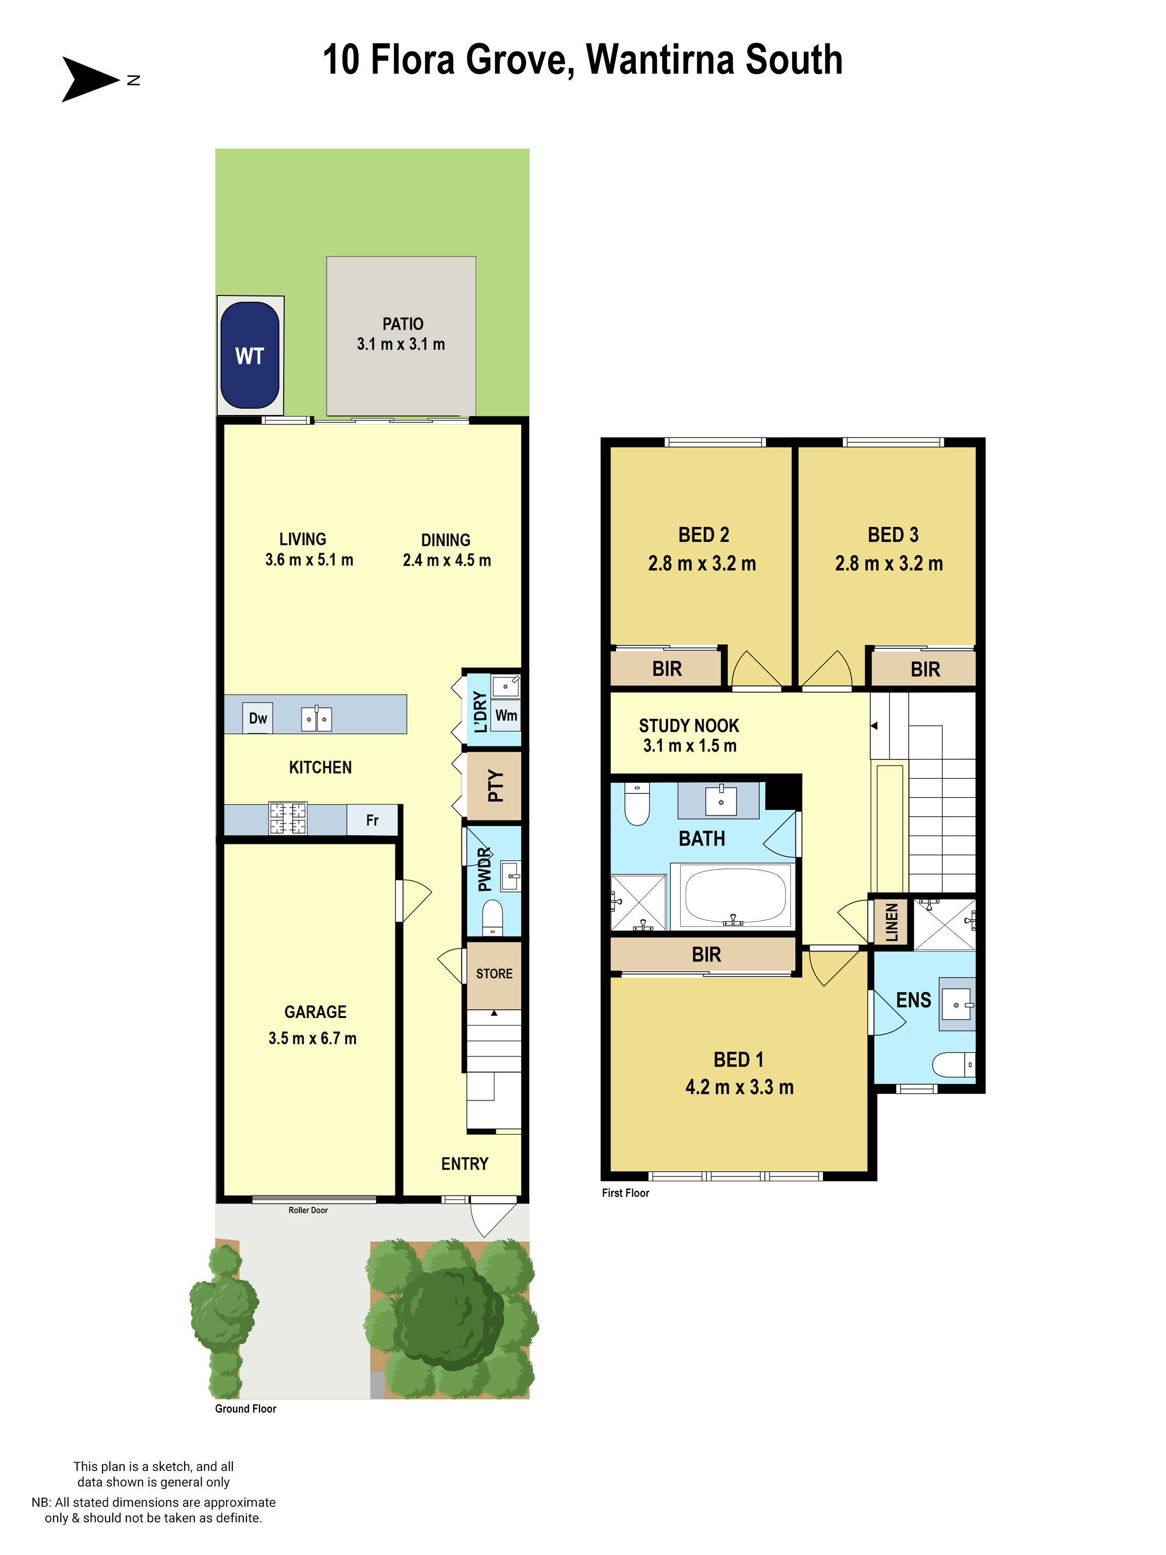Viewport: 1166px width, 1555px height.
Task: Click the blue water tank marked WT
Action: click(x=250, y=355)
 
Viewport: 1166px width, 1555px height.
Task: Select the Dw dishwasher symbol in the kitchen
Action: click(x=258, y=718)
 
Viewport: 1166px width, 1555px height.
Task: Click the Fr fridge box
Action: click(x=372, y=820)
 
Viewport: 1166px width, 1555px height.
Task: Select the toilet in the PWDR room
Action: click(x=493, y=917)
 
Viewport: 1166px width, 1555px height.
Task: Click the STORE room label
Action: click(x=494, y=974)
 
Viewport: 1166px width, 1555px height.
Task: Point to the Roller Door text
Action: click(x=308, y=1210)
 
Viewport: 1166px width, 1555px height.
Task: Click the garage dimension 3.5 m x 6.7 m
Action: click(x=312, y=1038)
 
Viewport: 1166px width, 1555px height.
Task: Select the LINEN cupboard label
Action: click(x=891, y=922)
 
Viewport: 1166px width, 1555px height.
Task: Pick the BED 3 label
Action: click(x=892, y=535)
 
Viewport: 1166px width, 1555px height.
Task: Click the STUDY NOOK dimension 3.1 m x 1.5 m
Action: click(x=689, y=746)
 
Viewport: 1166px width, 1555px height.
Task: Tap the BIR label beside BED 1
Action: click(x=705, y=954)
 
